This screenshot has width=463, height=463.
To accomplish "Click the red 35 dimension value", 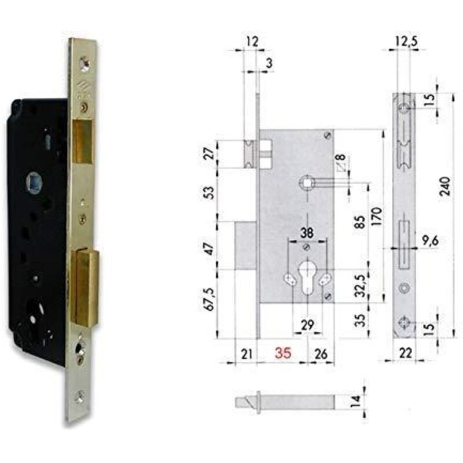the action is point(283,353).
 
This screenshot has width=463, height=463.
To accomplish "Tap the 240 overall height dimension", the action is point(444,186).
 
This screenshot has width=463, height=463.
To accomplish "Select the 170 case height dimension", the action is point(377,216).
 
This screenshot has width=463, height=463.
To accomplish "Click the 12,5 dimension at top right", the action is point(406,41).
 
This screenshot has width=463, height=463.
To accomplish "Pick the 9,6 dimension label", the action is point(430,241).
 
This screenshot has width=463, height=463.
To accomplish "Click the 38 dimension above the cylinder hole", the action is point(307,233).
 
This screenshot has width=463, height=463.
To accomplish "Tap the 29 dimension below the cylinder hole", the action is point(307,325).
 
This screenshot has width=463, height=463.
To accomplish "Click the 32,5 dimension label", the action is point(360,285).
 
